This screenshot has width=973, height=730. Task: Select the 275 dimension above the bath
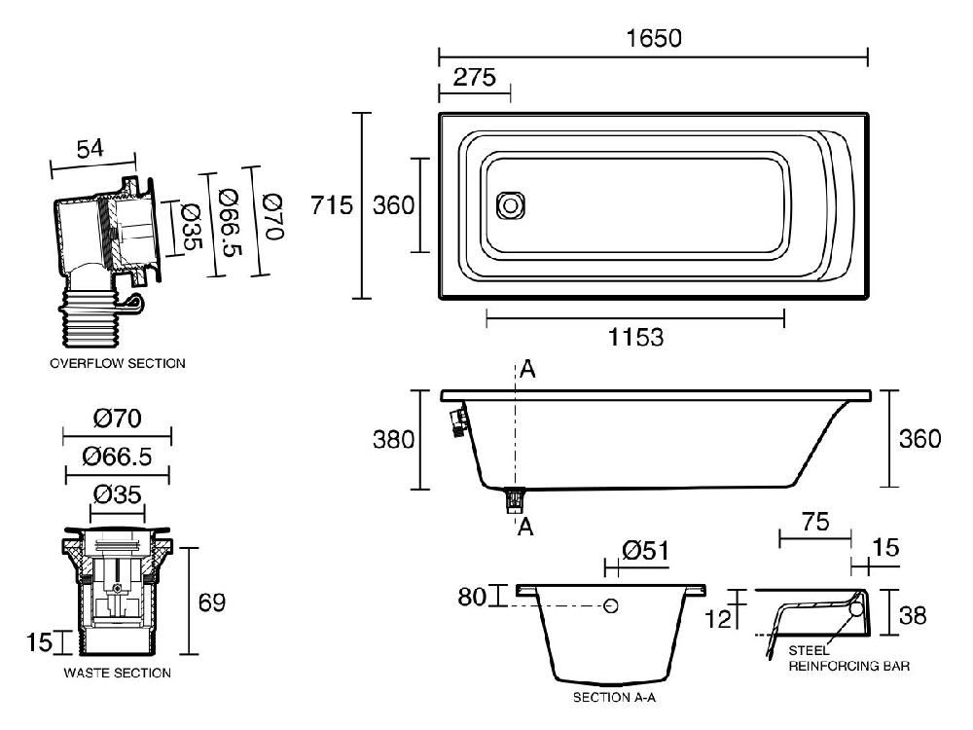point(474,76)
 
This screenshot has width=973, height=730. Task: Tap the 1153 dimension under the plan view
point(635,338)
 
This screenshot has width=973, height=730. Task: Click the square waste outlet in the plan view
point(510,205)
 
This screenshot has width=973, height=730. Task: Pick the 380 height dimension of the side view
point(394,439)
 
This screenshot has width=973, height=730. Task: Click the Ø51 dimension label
point(644,552)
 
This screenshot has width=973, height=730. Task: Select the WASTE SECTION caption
point(117,673)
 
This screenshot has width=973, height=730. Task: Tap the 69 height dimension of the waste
point(211,602)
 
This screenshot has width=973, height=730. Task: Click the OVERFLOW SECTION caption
point(117,363)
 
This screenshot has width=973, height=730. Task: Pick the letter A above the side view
point(526,369)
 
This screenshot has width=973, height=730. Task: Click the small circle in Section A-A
point(611,606)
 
